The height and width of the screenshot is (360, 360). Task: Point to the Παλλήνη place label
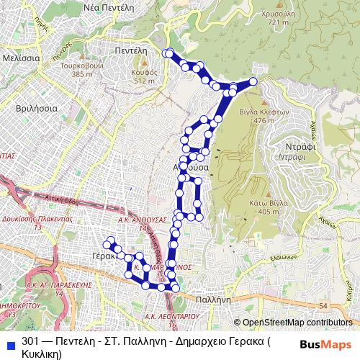coord(213,297)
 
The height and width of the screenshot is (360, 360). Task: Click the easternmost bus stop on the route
coord(253,81)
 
